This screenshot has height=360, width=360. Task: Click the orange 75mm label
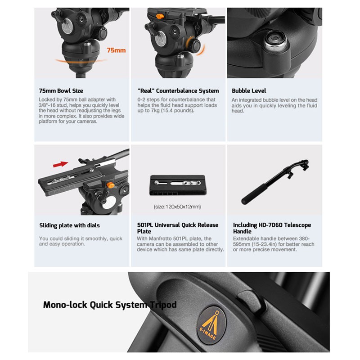pos(116,50)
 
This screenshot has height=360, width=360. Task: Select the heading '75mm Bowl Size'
pos(61,91)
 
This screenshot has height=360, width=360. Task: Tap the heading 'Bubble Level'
pos(249,91)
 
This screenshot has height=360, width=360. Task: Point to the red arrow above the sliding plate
pos(60,164)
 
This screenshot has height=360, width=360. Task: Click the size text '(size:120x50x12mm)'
pos(177,207)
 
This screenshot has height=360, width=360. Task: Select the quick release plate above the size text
pos(178,185)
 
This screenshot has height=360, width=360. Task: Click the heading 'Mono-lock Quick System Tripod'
pos(110,305)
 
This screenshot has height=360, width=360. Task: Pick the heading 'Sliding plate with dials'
pos(69,225)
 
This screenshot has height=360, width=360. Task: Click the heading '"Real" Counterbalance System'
pos(178,91)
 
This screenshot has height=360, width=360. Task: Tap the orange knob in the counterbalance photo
pos(160,16)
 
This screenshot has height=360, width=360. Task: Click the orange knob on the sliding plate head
pos(111,184)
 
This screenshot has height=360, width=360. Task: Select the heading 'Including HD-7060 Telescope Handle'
pos(272,228)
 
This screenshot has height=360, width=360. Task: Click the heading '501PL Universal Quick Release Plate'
pos(177,228)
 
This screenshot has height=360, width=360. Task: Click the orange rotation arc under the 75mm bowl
pos(81,61)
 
